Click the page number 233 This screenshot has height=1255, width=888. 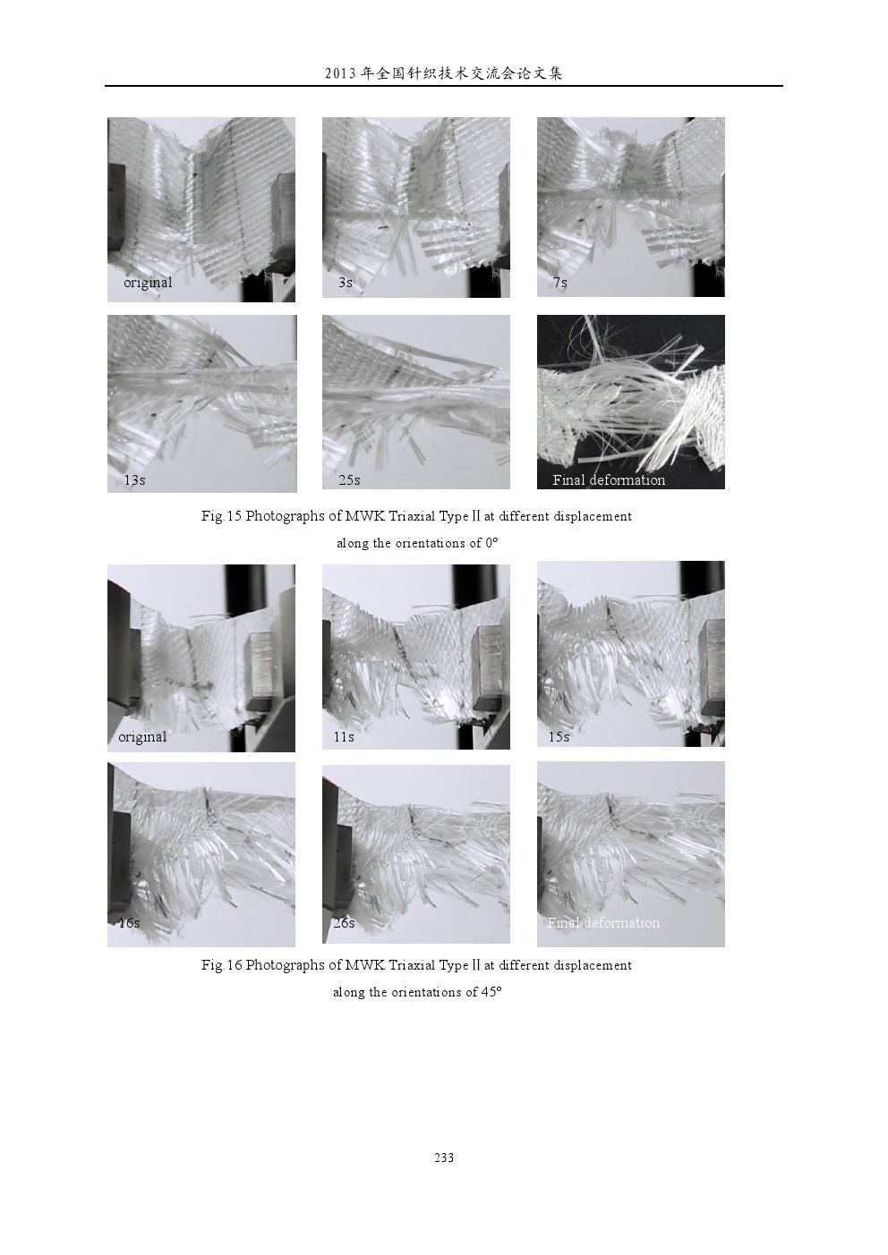(443, 1157)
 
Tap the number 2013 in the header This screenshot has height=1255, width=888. (340, 73)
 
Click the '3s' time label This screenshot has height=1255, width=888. (346, 283)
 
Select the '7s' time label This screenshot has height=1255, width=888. (560, 283)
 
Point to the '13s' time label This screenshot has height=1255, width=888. (134, 480)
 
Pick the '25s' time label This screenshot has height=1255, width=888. (349, 480)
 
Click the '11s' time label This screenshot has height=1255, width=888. (344, 737)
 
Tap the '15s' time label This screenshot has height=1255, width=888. (559, 737)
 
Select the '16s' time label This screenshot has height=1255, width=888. (129, 923)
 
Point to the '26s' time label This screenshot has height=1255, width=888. (344, 923)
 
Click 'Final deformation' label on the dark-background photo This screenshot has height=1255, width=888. (609, 480)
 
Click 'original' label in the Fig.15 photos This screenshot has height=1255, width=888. (148, 283)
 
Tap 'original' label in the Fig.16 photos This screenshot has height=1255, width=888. (142, 737)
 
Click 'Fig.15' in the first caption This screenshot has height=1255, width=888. (221, 516)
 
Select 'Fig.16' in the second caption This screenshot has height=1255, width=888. (221, 965)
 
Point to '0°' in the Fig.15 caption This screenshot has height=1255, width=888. (491, 543)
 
